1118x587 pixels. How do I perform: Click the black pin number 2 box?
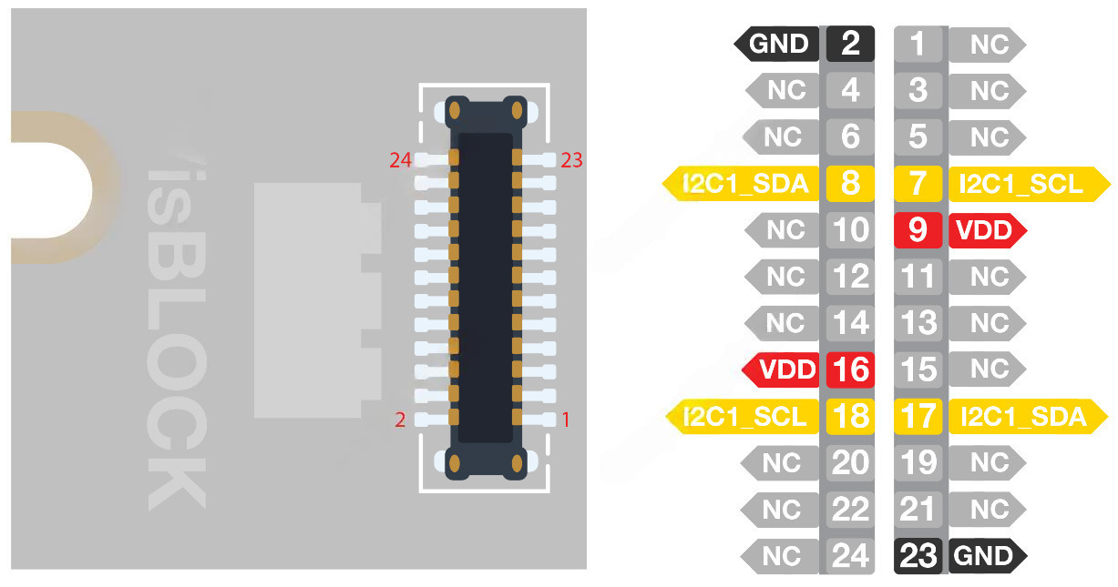tap(850, 43)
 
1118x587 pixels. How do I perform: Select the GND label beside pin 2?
tap(777, 43)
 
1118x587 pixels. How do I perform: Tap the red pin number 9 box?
tap(918, 230)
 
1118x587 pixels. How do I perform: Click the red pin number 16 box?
tap(850, 369)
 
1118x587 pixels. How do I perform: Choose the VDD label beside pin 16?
tap(785, 369)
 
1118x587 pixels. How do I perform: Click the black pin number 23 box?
tap(918, 555)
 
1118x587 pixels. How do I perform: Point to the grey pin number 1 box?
tap(918, 43)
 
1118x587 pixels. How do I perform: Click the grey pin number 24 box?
tap(850, 555)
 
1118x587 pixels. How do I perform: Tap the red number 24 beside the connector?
tap(401, 161)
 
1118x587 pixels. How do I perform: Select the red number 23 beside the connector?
tap(572, 161)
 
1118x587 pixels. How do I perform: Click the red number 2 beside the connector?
tap(400, 420)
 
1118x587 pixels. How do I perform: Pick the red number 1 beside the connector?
tap(566, 420)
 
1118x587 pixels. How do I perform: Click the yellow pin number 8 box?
tap(850, 184)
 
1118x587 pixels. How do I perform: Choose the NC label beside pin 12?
tap(784, 277)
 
